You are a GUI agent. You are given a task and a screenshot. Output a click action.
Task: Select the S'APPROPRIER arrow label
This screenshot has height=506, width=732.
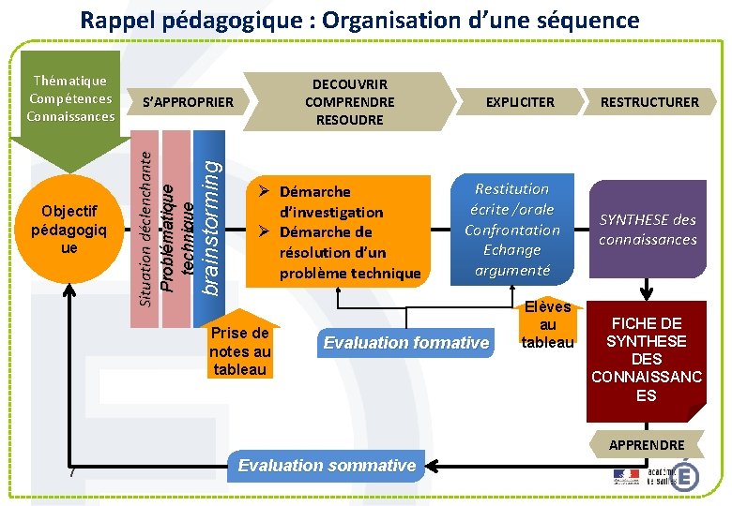tap(187, 101)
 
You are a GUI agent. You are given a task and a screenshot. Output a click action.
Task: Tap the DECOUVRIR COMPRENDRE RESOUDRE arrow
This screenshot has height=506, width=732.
tap(350, 101)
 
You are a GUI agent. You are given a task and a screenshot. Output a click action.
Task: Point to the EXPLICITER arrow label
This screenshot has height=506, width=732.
tap(519, 101)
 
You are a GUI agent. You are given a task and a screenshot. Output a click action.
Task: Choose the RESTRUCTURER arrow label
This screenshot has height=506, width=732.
tap(649, 101)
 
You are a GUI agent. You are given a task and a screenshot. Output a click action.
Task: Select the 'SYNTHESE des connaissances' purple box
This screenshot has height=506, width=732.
tap(648, 230)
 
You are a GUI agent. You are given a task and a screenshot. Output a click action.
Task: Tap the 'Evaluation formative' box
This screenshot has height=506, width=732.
tap(405, 343)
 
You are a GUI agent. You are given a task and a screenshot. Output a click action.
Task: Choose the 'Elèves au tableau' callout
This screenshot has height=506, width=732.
tap(547, 325)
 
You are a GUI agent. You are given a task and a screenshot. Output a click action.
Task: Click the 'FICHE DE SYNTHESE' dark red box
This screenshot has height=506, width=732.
tap(646, 359)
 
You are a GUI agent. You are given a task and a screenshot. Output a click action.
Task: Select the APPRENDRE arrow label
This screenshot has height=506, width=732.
tap(647, 444)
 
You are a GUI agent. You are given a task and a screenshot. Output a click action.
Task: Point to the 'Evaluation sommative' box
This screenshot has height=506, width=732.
tap(327, 466)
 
